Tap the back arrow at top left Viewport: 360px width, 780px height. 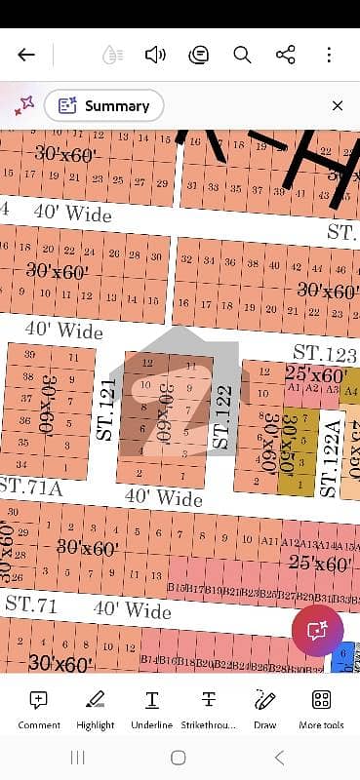pyautogui.click(x=26, y=55)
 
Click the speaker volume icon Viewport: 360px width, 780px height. pyautogui.click(x=154, y=55)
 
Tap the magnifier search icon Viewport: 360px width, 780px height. pyautogui.click(x=242, y=55)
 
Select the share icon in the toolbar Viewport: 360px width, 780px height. pyautogui.click(x=286, y=55)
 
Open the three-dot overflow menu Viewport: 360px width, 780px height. pyautogui.click(x=330, y=55)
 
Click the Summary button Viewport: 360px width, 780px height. pyautogui.click(x=103, y=106)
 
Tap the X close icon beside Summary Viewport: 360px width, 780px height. pyautogui.click(x=337, y=106)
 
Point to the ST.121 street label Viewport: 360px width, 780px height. pyautogui.click(x=106, y=409)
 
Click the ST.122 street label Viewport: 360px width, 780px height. pyautogui.click(x=222, y=417)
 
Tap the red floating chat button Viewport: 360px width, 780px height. pyautogui.click(x=316, y=630)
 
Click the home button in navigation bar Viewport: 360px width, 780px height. pyautogui.click(x=179, y=758)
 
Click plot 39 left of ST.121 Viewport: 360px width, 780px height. pyautogui.click(x=30, y=356)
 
